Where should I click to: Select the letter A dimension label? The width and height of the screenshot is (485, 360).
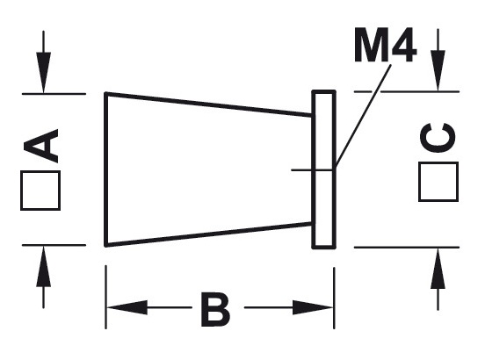click(41, 146)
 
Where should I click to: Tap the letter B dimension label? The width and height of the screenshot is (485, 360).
click(214, 309)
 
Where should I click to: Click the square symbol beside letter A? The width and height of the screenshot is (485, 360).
click(40, 191)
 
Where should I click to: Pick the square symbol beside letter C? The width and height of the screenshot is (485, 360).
click(437, 182)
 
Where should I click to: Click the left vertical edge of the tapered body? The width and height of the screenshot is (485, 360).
click(105, 169)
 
